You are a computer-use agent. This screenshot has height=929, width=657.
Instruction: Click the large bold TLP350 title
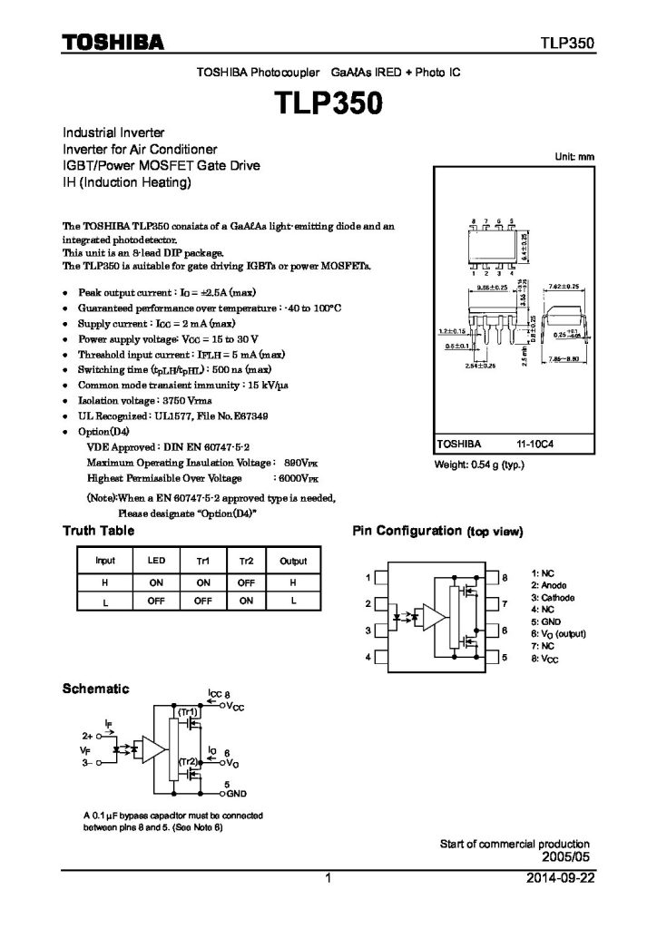[328, 103]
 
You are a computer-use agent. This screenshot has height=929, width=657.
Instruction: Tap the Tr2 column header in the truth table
[246, 562]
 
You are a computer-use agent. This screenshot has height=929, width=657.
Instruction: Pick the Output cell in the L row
[293, 601]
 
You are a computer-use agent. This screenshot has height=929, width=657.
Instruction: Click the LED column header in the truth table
[156, 562]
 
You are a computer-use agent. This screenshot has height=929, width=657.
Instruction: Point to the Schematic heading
[94, 689]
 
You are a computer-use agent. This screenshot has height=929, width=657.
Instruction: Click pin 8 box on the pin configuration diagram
[493, 577]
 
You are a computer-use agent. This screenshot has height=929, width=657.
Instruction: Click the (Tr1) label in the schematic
[188, 713]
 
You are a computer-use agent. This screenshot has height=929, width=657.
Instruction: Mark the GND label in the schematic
[237, 793]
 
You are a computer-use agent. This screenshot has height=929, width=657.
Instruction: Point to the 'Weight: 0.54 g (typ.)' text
[480, 464]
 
